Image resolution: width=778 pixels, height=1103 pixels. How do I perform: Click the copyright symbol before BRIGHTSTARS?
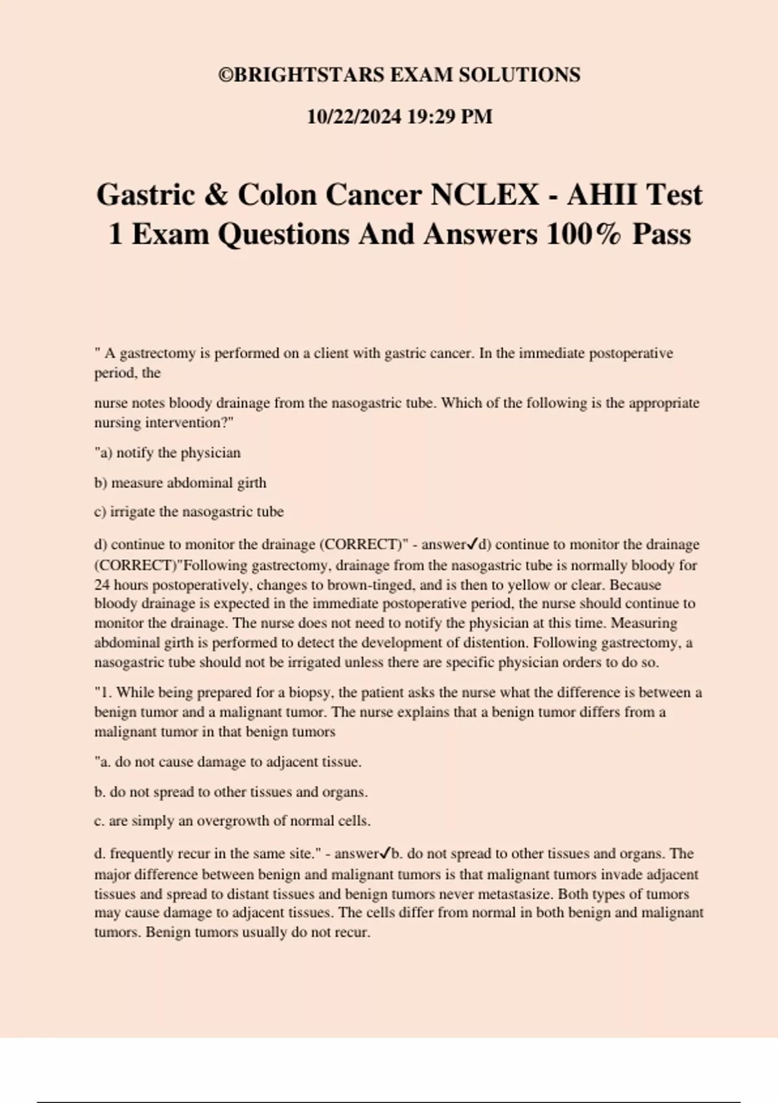pos(225,75)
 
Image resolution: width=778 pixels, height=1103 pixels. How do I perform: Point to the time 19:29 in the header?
pos(430,117)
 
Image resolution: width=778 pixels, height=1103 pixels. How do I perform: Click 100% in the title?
pos(583,234)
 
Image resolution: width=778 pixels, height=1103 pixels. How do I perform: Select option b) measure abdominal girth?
pos(180,483)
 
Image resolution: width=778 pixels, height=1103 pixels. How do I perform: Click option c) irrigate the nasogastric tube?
pos(189,512)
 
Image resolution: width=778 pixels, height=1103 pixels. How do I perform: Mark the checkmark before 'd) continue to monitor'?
pos(473,543)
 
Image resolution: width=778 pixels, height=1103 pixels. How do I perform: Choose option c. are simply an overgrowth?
pos(232,821)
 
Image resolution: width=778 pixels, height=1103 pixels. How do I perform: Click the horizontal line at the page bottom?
pos(389,1102)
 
